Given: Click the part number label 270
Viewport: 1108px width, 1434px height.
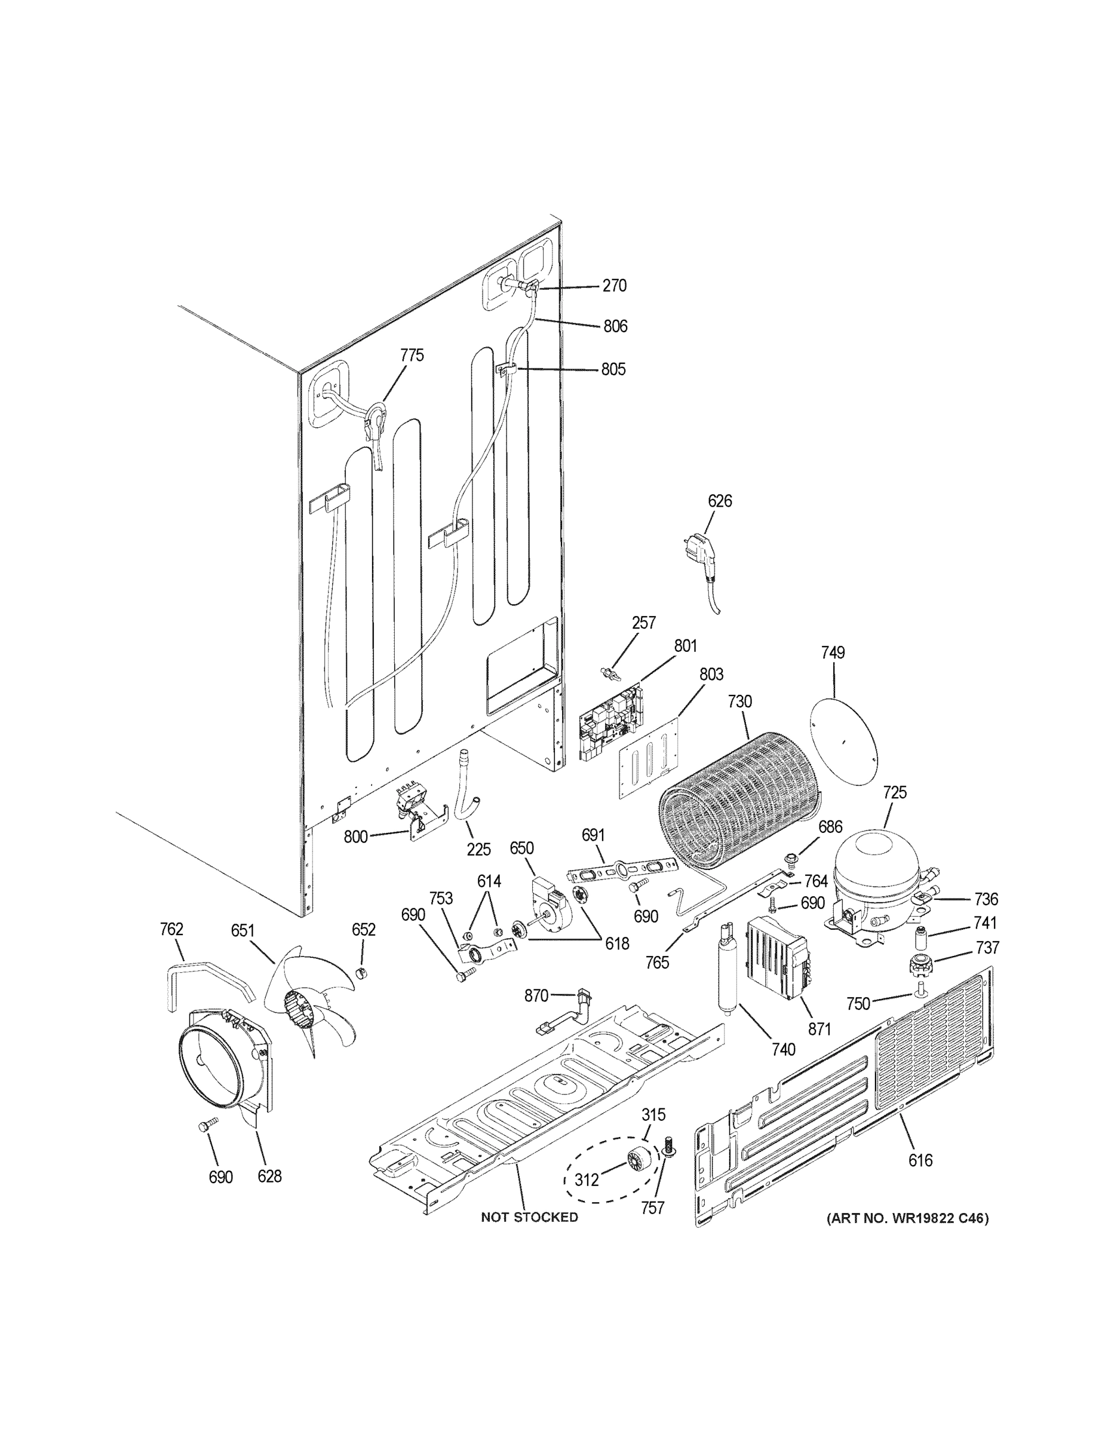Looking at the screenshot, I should pyautogui.click(x=615, y=286).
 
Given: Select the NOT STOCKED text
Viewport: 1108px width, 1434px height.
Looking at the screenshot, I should pyautogui.click(x=529, y=1217).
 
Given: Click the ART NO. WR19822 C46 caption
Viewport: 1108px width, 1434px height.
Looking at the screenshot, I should pyautogui.click(x=907, y=1218).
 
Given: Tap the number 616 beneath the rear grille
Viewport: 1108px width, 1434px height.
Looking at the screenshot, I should pyautogui.click(x=920, y=1160).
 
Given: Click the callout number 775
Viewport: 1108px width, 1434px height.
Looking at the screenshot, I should pyautogui.click(x=412, y=356).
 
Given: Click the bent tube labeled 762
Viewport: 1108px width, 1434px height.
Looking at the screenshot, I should pyautogui.click(x=204, y=978).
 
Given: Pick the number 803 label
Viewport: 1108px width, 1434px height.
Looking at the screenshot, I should pyautogui.click(x=711, y=675).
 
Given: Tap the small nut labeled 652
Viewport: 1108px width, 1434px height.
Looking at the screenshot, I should pyautogui.click(x=360, y=972).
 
